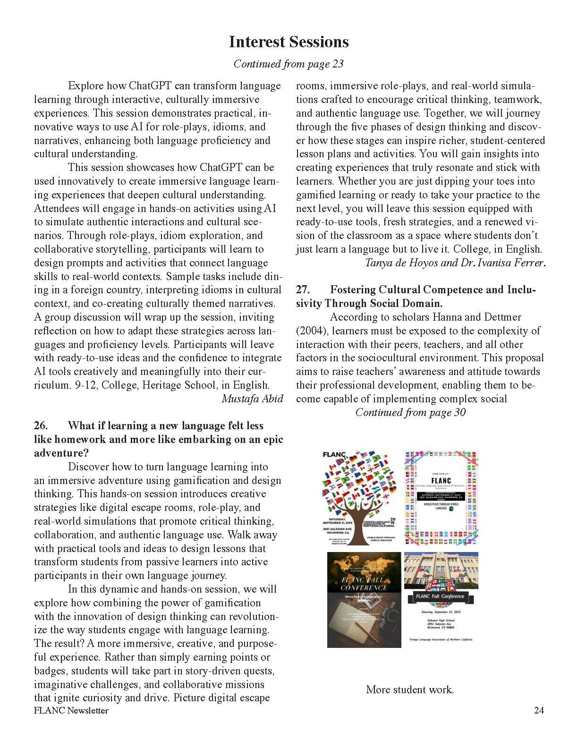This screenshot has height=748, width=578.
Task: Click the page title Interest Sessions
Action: pyautogui.click(x=289, y=42)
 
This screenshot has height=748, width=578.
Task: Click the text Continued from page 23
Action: pyautogui.click(x=289, y=64)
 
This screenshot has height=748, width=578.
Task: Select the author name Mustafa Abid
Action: pyautogui.click(x=252, y=399)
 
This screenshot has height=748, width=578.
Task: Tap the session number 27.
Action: pyautogui.click(x=303, y=290)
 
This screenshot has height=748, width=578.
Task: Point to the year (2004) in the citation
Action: pyautogui.click(x=312, y=331)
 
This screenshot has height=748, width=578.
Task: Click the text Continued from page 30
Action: pyautogui.click(x=410, y=413)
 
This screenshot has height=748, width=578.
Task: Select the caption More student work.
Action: pyautogui.click(x=409, y=689)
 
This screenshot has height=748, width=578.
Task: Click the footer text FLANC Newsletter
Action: pyautogui.click(x=71, y=711)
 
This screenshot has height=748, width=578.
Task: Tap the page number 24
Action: pyautogui.click(x=539, y=711)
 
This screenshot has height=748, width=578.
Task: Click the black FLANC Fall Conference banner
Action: pyautogui.click(x=440, y=596)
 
